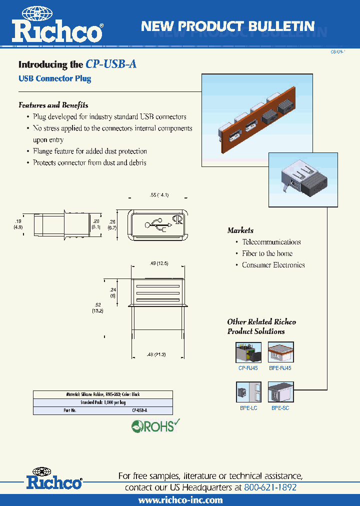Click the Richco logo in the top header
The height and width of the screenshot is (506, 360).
click(x=57, y=26)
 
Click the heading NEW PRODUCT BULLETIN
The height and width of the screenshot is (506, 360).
click(x=227, y=26)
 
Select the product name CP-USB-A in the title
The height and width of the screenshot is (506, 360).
click(x=111, y=64)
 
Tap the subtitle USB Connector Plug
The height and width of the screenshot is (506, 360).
click(x=54, y=78)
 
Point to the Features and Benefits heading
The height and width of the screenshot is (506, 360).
click(x=53, y=105)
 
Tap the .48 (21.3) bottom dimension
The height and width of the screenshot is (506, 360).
click(x=157, y=354)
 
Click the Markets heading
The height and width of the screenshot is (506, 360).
click(x=240, y=230)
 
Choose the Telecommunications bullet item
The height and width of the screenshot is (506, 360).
click(x=271, y=242)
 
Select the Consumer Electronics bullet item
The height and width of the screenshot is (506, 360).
click(x=273, y=265)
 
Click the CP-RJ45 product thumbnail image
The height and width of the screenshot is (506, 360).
click(x=248, y=352)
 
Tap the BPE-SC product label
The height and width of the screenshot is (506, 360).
click(x=280, y=408)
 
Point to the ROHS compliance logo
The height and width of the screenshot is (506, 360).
click(x=155, y=426)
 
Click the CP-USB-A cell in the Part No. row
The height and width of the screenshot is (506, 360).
click(x=139, y=410)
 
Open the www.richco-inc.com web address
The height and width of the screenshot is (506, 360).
click(x=180, y=500)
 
